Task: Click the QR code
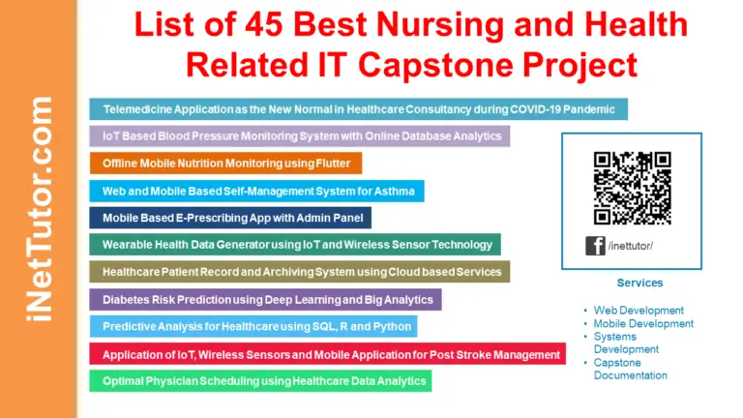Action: pos(632,188)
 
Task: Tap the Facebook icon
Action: pos(595,246)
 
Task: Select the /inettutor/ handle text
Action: pos(631,246)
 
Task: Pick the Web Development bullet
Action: pos(639,310)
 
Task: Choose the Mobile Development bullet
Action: pos(643,323)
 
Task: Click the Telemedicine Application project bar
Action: pos(358,108)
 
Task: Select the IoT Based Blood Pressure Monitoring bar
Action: pos(300,135)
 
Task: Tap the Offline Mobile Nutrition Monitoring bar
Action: pos(225,163)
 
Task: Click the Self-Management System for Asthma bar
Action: pos(256,191)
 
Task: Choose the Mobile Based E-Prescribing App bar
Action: pos(230,218)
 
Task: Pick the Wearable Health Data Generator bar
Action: pos(295,245)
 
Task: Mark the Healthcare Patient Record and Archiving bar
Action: pos(299,272)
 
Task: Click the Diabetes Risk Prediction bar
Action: pos(265,299)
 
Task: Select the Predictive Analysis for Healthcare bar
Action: pos(253,326)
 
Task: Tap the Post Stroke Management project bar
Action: pos(328,354)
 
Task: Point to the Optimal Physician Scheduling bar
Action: pos(260,381)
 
